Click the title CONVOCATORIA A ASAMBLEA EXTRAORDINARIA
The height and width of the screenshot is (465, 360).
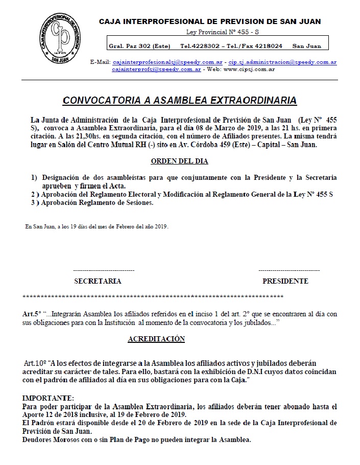tap(180, 100)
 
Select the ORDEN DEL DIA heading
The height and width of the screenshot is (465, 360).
tap(180, 161)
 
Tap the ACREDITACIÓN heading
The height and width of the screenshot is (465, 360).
tap(156, 339)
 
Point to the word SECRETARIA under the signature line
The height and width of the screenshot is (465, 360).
tap(98, 281)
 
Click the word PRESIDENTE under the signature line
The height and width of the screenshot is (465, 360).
tap(285, 281)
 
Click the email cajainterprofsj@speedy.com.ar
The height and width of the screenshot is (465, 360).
tap(156, 68)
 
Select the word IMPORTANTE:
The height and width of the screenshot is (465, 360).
tap(48, 398)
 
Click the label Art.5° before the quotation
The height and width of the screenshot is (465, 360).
tap(31, 314)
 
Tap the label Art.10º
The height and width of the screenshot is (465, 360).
tap(34, 362)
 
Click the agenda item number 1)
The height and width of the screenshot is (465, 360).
tap(34, 177)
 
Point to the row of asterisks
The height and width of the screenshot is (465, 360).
tap(153, 296)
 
